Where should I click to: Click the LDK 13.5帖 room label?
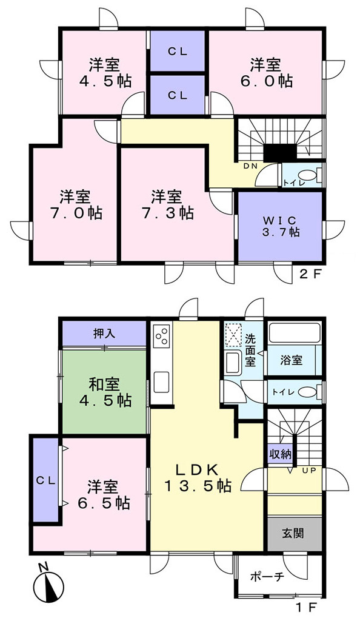coord(198,478)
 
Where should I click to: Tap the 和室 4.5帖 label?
coord(105,392)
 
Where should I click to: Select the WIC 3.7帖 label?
coord(281,226)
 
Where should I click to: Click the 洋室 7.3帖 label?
coord(167,204)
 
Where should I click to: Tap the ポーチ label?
coord(267,577)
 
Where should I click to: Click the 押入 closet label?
coord(104,334)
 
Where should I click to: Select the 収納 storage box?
coord(281,454)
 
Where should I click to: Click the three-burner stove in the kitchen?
coord(162,335)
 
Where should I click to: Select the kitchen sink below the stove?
coord(161,382)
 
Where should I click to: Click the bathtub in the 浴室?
coord(294,334)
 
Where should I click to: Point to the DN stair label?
coord(250,166)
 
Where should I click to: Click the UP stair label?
coord(309,470)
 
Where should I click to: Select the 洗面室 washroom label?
coord(250,349)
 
